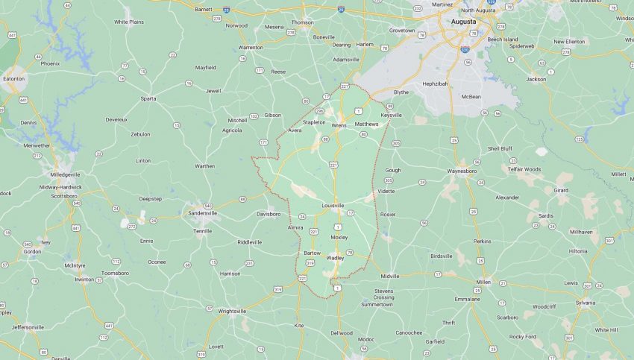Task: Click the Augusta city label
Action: coord(463,22)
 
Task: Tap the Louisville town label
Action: coord(333,205)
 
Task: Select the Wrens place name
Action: coord(339,125)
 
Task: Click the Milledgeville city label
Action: coord(65,174)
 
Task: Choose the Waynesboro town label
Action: coord(466,171)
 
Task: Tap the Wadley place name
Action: coord(335,258)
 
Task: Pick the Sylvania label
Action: coord(586,303)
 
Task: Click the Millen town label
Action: coord(483,282)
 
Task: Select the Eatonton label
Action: coord(13,78)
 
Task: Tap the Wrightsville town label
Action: coord(231,312)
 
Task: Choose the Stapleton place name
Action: coord(314,121)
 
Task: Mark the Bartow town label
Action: coord(312,253)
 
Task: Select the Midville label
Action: coord(390,276)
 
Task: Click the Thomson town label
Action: coord(302,22)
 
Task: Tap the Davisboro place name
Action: coord(269,214)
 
